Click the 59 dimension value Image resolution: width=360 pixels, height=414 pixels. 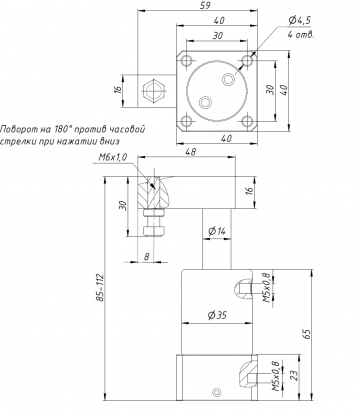point(206,7)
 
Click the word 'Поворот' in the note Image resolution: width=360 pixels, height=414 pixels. point(25,131)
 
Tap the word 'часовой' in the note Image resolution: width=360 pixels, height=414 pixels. point(143,131)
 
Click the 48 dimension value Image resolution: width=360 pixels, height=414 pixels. point(190,154)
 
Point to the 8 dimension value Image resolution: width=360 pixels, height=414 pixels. point(146,256)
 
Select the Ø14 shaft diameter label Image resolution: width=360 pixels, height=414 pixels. point(215,231)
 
